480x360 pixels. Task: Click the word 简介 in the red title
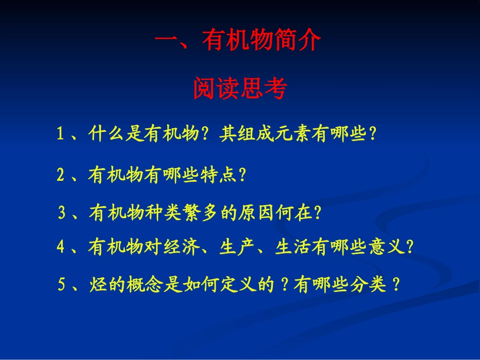298,40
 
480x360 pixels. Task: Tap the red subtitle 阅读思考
240,89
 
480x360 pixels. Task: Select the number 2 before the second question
60,175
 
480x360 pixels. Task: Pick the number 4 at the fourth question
60,247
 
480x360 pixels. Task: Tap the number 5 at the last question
62,285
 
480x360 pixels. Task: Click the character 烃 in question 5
98,285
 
